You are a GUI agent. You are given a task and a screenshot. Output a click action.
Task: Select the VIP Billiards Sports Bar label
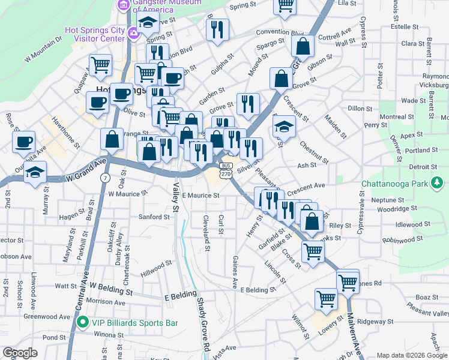(135, 323)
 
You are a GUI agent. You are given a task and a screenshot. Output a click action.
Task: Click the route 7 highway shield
(106, 179)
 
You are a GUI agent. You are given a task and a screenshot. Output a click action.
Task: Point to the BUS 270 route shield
(225, 169)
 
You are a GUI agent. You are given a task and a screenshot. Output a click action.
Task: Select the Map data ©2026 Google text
(412, 355)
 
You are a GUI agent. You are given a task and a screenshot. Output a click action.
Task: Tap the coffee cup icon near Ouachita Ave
(24, 142)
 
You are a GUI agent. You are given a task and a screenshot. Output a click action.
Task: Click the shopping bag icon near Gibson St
(303, 45)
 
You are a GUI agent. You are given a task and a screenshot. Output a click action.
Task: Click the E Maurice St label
(200, 195)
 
